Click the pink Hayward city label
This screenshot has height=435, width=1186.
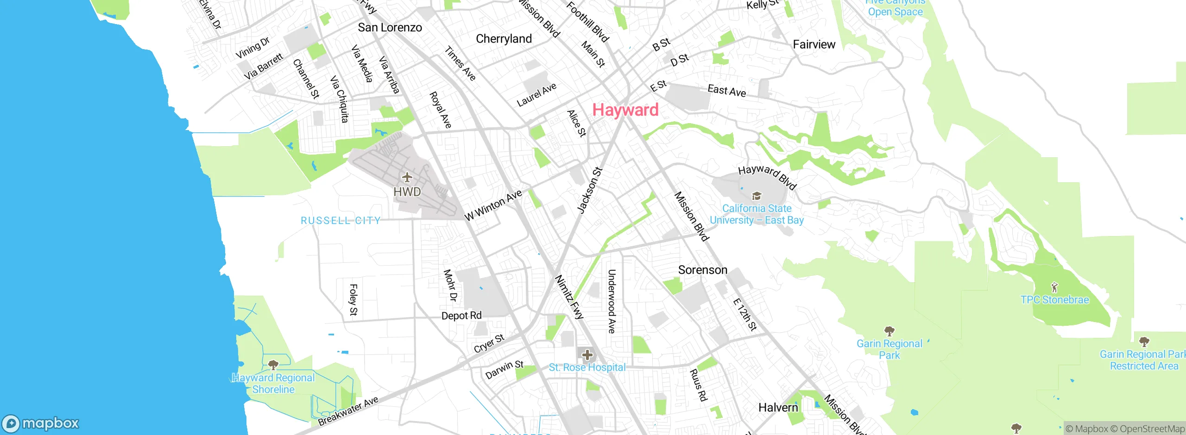pos(625,110)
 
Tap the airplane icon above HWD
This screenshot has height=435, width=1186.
pos(407,177)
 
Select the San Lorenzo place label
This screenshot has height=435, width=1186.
pos(390,28)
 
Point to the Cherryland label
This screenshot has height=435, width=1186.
pos(504,39)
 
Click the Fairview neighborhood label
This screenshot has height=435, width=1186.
pos(814,44)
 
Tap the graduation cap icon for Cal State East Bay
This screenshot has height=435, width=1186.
pos(756,196)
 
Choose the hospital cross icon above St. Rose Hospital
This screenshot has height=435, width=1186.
pos(587,355)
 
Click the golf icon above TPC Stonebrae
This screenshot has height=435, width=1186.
pos(1054,287)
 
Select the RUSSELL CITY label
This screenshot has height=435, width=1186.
pos(341,221)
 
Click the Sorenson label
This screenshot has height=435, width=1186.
pos(702,270)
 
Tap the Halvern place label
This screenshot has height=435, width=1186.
pos(778,408)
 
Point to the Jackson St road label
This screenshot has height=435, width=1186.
pos(589,190)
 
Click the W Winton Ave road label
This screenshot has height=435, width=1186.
pos(493,205)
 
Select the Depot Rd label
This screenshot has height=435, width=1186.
pos(461,316)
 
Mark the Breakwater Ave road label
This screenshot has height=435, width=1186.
pos(348,411)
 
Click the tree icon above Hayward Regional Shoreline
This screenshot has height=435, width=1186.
pos(273,364)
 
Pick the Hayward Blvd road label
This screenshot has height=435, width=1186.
pos(767,177)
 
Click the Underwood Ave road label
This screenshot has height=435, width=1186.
pos(612,301)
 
